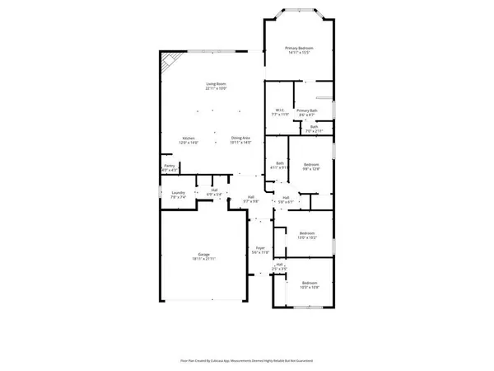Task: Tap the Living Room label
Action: [x=216, y=86]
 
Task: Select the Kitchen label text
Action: [x=189, y=140]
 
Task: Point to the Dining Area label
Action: [x=241, y=140]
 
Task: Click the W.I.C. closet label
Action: [x=280, y=112]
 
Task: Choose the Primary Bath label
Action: [x=306, y=112]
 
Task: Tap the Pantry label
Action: [x=169, y=167]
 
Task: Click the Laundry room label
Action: [x=179, y=195]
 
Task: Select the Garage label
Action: [x=203, y=256]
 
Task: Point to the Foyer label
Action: [x=259, y=249]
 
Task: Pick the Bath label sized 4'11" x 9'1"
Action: [x=280, y=165]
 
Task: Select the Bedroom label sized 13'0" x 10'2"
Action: [x=307, y=235]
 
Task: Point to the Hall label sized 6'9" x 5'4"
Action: [x=214, y=192]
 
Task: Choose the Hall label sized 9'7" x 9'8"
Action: [x=250, y=199]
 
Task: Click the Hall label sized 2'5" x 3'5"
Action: [x=279, y=267]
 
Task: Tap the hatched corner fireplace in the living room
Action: [x=169, y=60]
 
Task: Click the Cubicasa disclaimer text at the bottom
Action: [x=246, y=360]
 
